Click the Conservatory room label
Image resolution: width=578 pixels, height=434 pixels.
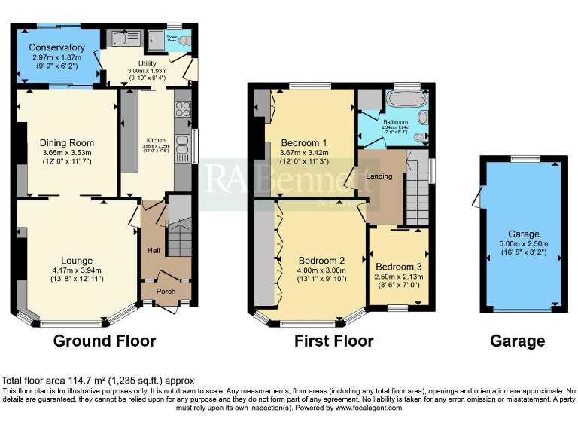[x=58, y=47]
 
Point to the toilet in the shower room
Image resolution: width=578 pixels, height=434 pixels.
[x=184, y=41]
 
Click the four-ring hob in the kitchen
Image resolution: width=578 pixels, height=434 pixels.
[x=183, y=108]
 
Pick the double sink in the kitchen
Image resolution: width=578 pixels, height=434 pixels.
[x=182, y=145]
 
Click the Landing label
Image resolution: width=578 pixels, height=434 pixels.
[x=379, y=176]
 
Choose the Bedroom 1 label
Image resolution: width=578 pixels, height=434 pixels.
[x=304, y=143]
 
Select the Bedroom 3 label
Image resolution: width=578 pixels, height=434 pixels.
[x=400, y=267]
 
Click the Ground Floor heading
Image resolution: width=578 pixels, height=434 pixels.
[x=105, y=341]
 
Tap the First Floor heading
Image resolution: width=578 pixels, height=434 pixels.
[x=333, y=341]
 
